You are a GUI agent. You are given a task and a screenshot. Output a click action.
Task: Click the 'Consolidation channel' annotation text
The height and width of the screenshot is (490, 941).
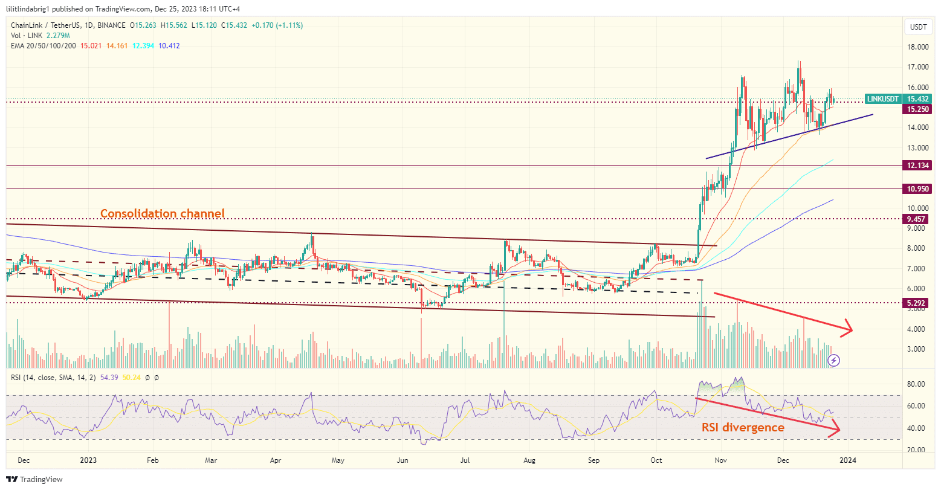[162, 213]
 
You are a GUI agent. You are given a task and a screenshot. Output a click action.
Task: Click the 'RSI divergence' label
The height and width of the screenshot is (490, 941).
[742, 427]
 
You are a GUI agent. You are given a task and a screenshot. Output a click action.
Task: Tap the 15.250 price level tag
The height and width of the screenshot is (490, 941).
[916, 109]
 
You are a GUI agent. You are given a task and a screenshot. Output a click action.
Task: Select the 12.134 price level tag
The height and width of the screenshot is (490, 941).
[916, 165]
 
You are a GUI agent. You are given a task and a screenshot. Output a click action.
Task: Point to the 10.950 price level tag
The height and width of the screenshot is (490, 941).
[916, 189]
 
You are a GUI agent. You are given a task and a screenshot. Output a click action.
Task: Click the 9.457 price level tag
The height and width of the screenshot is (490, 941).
[916, 219]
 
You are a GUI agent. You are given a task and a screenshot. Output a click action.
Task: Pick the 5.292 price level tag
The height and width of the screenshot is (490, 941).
[916, 303]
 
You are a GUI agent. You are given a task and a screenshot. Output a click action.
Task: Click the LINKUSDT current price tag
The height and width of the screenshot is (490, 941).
[897, 98]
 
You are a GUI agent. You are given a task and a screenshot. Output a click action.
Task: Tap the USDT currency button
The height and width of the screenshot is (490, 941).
[918, 27]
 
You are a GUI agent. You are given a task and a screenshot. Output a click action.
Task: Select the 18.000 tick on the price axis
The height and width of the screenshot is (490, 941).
[918, 47]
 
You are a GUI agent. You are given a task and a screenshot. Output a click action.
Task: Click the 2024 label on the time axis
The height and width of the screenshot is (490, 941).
[848, 460]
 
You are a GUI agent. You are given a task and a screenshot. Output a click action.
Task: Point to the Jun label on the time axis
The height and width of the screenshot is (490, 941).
[402, 460]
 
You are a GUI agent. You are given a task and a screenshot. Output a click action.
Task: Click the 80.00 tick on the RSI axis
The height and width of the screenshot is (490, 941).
[918, 384]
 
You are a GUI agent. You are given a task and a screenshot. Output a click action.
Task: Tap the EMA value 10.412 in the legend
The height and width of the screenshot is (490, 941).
[169, 46]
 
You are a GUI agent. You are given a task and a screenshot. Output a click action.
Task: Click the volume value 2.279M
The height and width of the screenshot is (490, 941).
[52, 36]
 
